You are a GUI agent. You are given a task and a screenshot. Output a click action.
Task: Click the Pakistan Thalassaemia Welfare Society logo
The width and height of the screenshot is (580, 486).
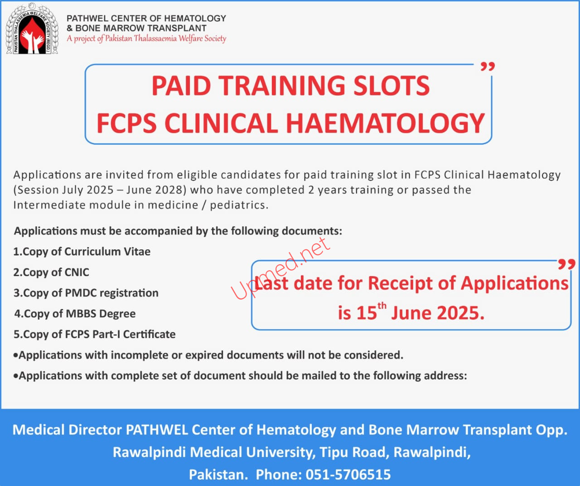(x=32, y=29)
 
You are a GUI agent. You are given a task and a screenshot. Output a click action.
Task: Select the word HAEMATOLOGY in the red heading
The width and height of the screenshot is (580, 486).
(x=386, y=123)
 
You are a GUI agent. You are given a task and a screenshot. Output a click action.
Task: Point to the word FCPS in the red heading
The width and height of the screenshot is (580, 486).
(x=126, y=123)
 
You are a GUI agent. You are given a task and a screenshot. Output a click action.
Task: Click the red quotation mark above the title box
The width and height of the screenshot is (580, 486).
(x=488, y=67)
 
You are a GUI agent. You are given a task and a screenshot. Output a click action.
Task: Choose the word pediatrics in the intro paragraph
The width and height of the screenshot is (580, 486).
(x=238, y=205)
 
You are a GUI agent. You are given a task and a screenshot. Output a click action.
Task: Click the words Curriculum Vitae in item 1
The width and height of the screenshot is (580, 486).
(x=107, y=252)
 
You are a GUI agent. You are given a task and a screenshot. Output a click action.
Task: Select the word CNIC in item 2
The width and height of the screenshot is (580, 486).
(x=77, y=272)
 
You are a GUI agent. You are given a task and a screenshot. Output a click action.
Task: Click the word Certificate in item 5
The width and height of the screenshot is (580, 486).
(x=149, y=334)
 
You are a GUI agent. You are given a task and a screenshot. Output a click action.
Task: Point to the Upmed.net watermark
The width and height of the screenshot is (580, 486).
(x=280, y=268)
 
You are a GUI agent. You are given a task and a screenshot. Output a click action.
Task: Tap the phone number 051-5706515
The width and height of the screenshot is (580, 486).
(x=348, y=475)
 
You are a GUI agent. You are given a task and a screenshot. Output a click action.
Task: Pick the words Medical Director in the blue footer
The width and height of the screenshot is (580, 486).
(x=67, y=430)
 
